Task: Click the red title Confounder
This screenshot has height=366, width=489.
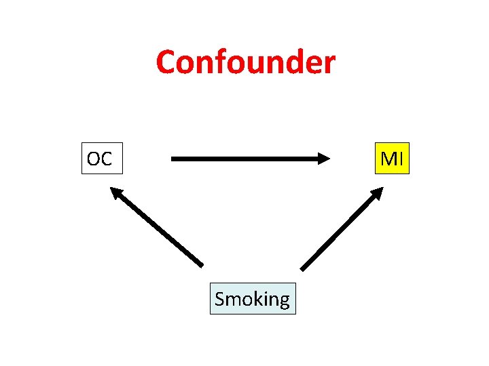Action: (245, 62)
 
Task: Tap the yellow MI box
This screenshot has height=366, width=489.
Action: (393, 159)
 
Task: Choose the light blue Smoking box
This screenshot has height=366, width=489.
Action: (252, 299)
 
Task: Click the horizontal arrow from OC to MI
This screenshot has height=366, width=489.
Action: (244, 159)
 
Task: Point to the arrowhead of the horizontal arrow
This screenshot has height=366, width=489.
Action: (323, 159)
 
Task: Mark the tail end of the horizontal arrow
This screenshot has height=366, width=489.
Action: (174, 159)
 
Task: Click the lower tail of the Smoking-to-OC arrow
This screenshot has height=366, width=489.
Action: (200, 263)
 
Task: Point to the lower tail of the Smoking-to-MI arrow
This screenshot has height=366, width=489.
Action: (303, 268)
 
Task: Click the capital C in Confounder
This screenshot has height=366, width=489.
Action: (166, 62)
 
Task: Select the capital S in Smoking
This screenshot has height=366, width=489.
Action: (220, 299)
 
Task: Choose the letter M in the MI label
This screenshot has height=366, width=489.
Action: (388, 159)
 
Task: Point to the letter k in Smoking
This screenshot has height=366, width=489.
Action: (257, 298)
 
